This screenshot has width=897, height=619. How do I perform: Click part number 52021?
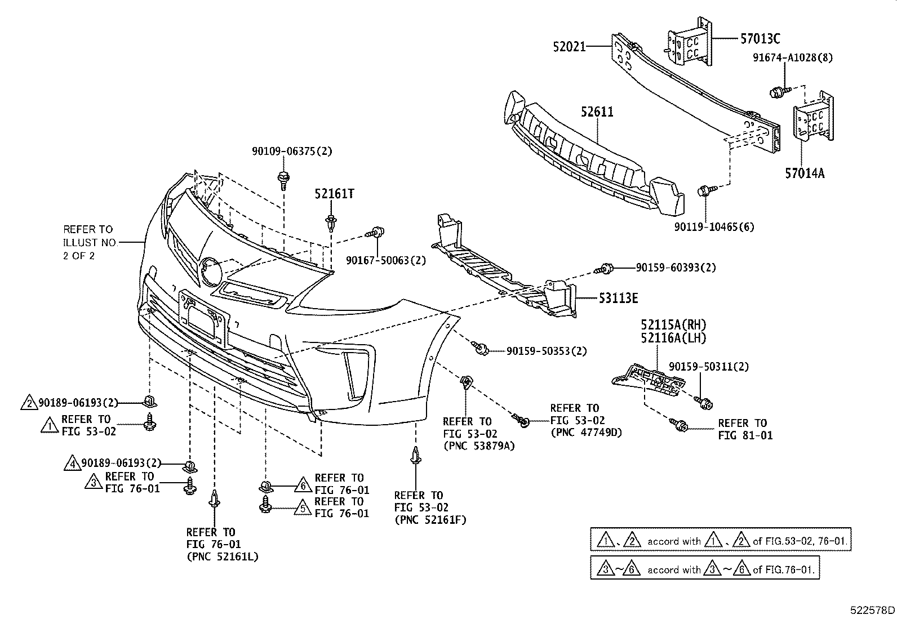(x=569, y=47)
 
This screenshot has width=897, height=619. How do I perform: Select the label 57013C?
(x=760, y=38)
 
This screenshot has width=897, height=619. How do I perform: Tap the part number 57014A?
(x=805, y=173)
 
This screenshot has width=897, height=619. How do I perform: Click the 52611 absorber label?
(x=597, y=112)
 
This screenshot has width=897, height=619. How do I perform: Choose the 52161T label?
(x=334, y=194)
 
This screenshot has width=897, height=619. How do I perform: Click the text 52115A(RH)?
(x=673, y=325)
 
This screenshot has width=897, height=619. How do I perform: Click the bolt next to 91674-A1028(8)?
(x=776, y=91)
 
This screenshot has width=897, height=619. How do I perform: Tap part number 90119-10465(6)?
(x=714, y=227)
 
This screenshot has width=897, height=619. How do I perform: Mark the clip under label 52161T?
(x=330, y=221)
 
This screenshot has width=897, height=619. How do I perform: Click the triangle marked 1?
(x=50, y=425)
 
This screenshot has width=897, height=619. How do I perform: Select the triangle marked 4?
(x=73, y=463)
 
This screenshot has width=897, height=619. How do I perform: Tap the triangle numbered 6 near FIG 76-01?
(x=303, y=484)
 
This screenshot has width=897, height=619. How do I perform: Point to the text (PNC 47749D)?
(x=586, y=433)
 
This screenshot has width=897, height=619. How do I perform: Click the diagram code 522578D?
(x=872, y=610)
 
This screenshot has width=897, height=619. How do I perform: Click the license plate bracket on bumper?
(x=203, y=318)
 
